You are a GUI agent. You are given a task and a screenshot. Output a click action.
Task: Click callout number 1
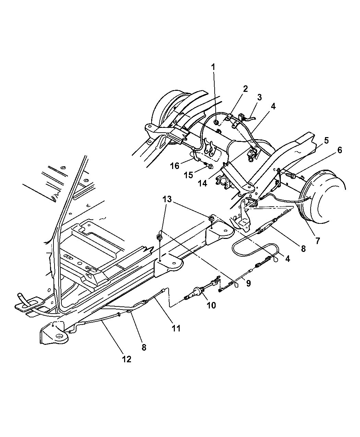pyautogui.click(x=213, y=67)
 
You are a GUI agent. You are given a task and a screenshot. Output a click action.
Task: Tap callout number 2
pyautogui.click(x=245, y=89)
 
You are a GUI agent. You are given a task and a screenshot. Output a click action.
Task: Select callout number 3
pyautogui.click(x=259, y=97)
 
